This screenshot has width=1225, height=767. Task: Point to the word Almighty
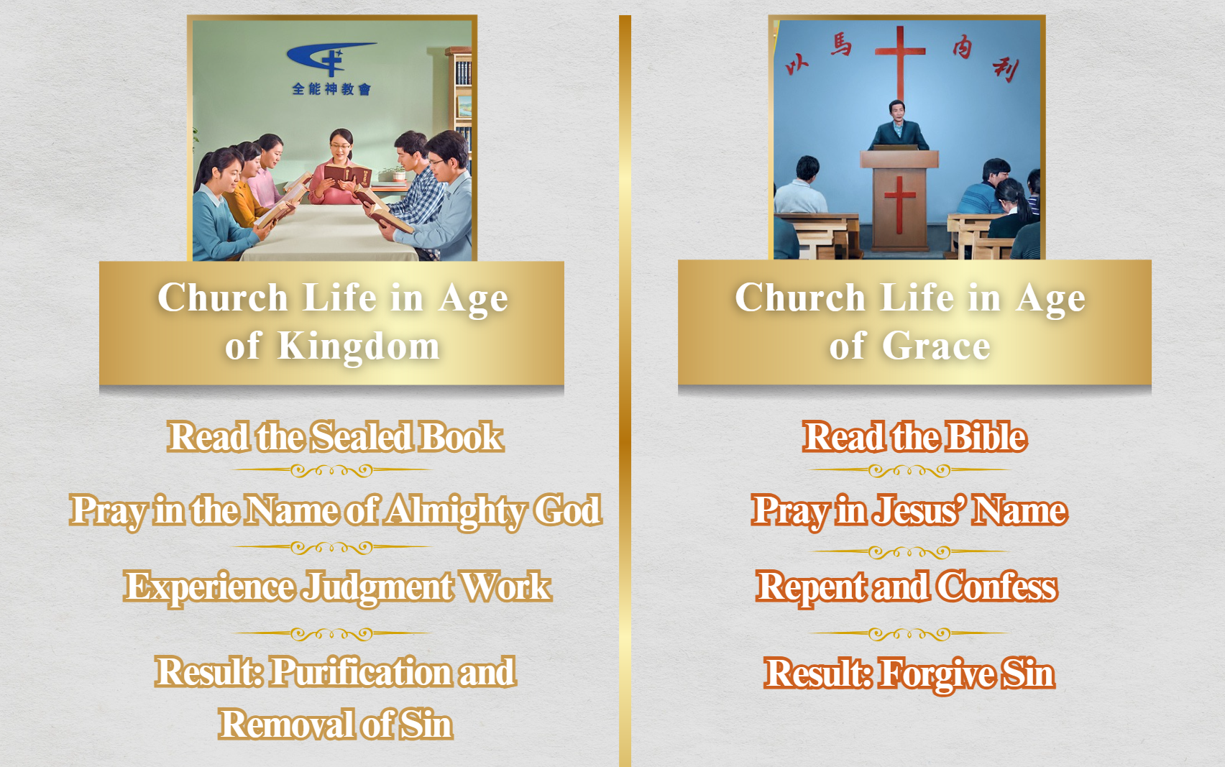455,512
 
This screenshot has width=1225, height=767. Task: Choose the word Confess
996,587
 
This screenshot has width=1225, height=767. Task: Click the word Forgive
935,674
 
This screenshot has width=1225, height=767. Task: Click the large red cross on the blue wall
899,63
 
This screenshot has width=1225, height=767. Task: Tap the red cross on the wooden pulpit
899,204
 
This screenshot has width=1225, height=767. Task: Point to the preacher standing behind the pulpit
898,126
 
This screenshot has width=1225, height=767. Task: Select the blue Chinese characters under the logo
331,88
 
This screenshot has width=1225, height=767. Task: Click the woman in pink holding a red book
339,167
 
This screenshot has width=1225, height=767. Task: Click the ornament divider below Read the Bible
909,470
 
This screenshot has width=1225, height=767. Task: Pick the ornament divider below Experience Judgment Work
331,633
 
